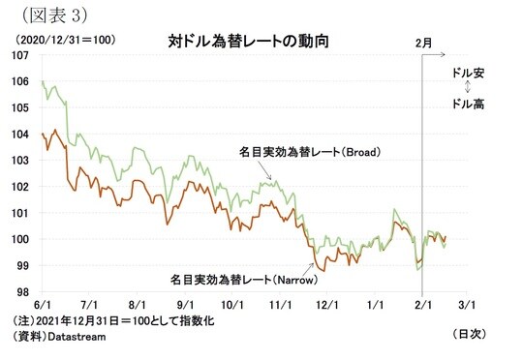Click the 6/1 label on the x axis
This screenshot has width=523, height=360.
(x=44, y=304)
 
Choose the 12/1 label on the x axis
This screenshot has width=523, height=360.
(x=326, y=304)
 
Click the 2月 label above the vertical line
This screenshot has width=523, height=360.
(x=422, y=43)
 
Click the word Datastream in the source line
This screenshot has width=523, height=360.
(x=67, y=336)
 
